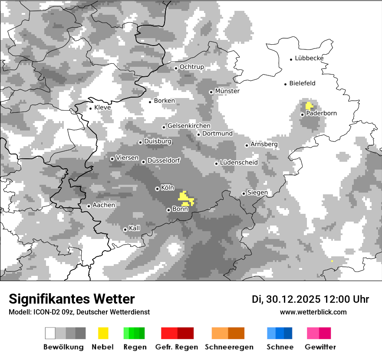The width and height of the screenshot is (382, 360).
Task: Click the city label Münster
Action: pyautogui.click(x=227, y=91)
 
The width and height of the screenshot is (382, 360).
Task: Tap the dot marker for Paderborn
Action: pyautogui.click(x=303, y=115)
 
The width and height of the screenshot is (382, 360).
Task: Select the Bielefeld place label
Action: pyautogui.click(x=302, y=83)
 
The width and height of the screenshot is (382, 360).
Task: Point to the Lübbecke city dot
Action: pyautogui.click(x=291, y=59)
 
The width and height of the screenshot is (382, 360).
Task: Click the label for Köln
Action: pyautogui.click(x=167, y=188)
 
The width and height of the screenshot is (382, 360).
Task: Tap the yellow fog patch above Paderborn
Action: pyautogui.click(x=309, y=105)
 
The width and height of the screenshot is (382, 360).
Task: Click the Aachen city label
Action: pyautogui.click(x=104, y=205)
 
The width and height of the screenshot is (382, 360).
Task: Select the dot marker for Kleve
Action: pyautogui.click(x=91, y=108)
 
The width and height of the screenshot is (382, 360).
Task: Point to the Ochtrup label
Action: pyautogui.click(x=191, y=67)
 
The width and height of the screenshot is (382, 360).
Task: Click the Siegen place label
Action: pyautogui.click(x=257, y=193)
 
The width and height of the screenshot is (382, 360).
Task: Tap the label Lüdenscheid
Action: pyautogui.click(x=239, y=163)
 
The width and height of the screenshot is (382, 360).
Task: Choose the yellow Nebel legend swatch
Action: pyautogui.click(x=103, y=333)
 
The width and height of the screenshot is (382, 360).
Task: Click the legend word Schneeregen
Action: pyautogui.click(x=229, y=347)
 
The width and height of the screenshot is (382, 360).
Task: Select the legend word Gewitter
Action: pyautogui.click(x=320, y=347)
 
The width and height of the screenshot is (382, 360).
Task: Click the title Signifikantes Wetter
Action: pyautogui.click(x=72, y=299)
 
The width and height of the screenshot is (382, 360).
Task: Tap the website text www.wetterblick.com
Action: pyautogui.click(x=313, y=312)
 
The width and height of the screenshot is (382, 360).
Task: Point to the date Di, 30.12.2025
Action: pyautogui.click(x=285, y=299)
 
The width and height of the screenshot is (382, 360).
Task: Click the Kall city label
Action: pyautogui.click(x=135, y=228)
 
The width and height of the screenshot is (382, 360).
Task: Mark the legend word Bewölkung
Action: pyautogui.click(x=63, y=347)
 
